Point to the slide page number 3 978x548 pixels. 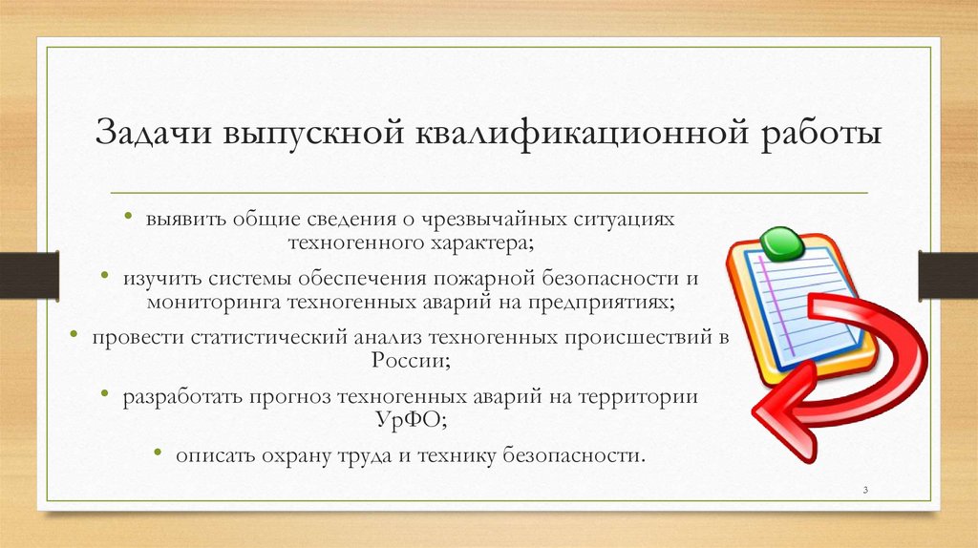click(864, 490)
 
